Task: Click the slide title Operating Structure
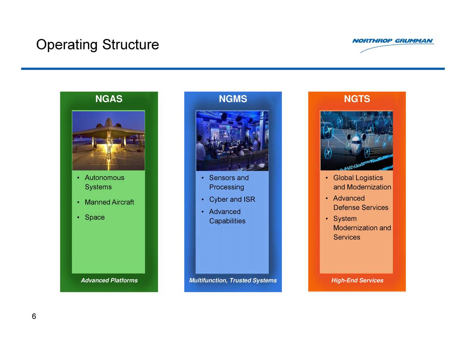[x=98, y=45]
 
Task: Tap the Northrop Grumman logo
[x=393, y=45]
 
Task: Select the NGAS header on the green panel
[x=109, y=99]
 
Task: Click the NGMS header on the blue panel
[x=233, y=99]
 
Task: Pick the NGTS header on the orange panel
[x=357, y=99]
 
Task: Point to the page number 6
[x=34, y=316]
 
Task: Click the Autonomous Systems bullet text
[x=104, y=182]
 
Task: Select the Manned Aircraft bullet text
[x=109, y=202]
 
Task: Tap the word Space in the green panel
[x=95, y=217]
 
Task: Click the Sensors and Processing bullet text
[x=229, y=182]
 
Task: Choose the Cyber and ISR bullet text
[x=232, y=199]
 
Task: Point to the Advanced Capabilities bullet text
[x=227, y=216]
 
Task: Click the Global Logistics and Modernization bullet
[x=362, y=182]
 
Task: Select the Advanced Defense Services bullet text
[x=361, y=203]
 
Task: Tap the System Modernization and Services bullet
[x=362, y=228]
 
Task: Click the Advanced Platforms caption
[x=109, y=280]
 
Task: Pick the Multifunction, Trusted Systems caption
[x=233, y=280]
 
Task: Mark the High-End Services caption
[x=357, y=280]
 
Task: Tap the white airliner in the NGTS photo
[x=356, y=143]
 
